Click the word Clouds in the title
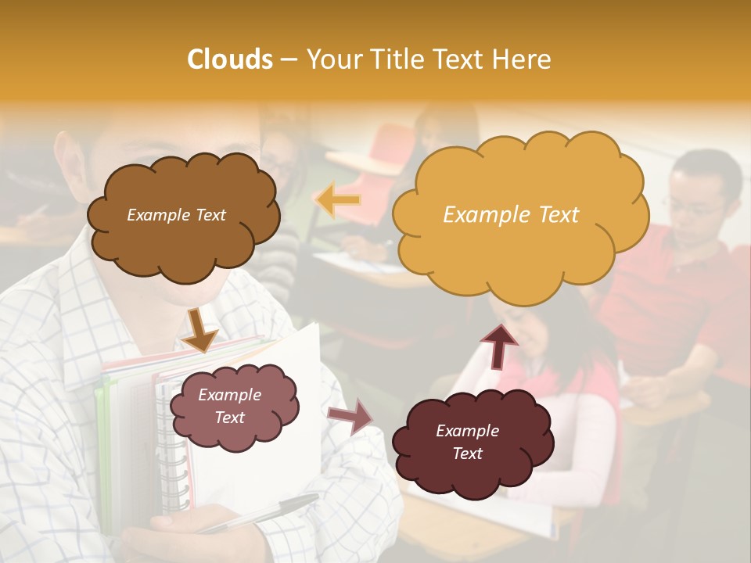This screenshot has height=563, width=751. (x=229, y=59)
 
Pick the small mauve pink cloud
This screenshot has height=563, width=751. (x=235, y=438)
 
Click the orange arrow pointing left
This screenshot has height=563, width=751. (x=338, y=200)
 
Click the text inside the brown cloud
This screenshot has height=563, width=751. (x=176, y=215)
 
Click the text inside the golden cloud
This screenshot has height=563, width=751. (x=511, y=215)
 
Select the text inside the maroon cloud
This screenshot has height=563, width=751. (x=467, y=442)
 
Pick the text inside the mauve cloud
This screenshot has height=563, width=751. (x=229, y=407)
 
